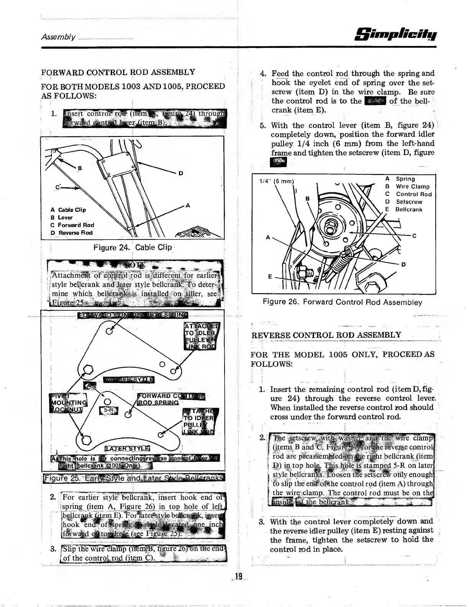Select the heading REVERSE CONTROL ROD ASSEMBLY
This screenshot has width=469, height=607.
point(326,335)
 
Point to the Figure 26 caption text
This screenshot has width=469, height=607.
point(342,302)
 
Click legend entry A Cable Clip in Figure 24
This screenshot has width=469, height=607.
point(68,210)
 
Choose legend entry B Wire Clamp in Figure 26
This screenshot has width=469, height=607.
point(409,187)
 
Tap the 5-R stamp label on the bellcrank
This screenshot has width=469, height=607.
point(108,410)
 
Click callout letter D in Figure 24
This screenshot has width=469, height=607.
point(180,174)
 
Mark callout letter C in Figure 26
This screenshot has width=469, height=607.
point(414,236)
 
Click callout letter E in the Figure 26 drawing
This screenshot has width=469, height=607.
point(270,276)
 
